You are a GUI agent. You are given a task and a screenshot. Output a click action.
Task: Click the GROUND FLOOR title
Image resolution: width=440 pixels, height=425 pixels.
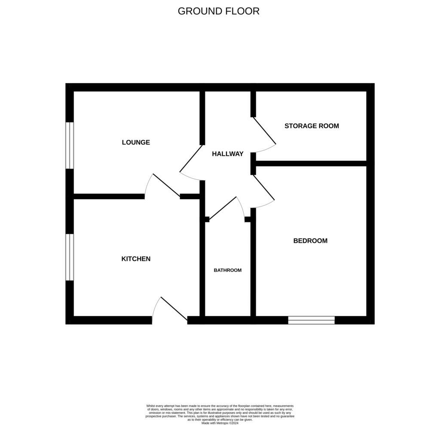click(x=218, y=11)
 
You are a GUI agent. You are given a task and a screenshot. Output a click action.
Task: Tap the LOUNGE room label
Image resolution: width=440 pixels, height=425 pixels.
click(x=136, y=142)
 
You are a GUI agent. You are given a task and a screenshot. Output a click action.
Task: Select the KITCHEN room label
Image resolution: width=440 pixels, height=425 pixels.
click(x=136, y=259)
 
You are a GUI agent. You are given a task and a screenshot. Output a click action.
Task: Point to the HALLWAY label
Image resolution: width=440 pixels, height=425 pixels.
click(x=228, y=154)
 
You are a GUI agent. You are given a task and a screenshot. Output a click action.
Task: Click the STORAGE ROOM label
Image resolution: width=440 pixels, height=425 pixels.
click(x=312, y=126)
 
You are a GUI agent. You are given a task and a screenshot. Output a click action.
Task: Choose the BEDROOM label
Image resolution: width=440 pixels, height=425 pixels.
click(x=310, y=241)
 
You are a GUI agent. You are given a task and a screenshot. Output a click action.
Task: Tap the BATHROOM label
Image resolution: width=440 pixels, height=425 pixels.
click(x=228, y=271)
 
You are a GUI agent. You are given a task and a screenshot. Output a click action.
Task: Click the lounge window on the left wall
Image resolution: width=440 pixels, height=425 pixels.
click(x=70, y=145)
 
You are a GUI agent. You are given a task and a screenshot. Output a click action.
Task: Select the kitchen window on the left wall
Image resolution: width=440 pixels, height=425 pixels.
click(x=70, y=257)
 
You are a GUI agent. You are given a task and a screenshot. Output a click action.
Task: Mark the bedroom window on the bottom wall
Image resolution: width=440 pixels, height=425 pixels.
click(x=311, y=320)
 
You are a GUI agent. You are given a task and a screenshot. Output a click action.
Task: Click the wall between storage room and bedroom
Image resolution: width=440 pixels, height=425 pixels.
click(x=311, y=163)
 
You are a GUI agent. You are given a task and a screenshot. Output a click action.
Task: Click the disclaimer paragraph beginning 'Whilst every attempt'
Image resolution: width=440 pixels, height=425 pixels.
click(x=220, y=413)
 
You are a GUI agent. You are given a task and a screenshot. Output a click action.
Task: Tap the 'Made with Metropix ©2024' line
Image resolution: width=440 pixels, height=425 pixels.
click(x=220, y=423)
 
